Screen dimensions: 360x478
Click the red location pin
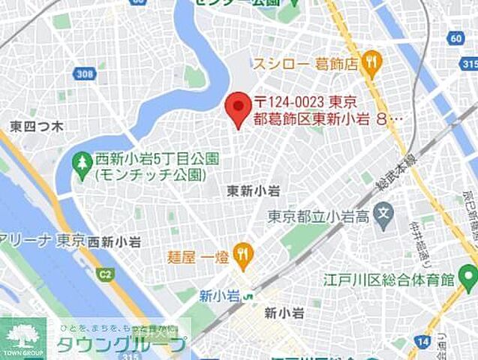click(239, 108)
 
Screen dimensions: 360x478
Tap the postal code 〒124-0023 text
click(304, 101)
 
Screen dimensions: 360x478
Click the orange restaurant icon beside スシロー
click(370, 64)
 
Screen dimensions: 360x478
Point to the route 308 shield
click(84, 73)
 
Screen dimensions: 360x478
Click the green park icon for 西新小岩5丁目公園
click(81, 164)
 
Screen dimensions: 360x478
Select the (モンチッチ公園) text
click(150, 175)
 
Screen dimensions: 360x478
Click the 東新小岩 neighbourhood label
click(253, 192)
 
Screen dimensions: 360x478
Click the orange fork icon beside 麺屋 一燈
click(242, 256)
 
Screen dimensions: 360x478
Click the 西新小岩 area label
click(114, 241)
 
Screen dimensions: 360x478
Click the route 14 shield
click(425, 341)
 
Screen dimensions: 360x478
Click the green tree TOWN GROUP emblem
click(22, 336)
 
